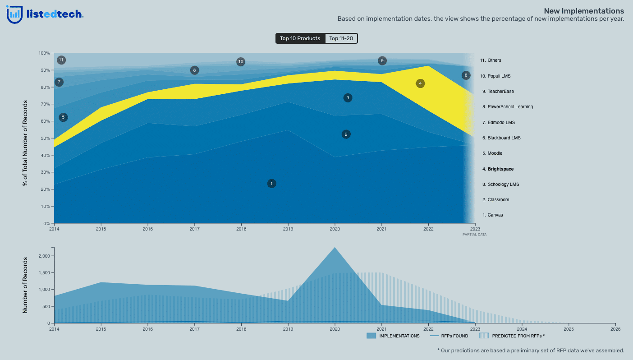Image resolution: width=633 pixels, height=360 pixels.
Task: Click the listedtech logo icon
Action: [x=14, y=14]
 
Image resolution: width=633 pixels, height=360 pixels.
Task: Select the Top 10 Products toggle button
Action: [x=300, y=38]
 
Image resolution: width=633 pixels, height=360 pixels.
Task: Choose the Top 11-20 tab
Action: [x=341, y=38]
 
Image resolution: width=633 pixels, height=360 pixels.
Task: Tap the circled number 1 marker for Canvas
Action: [x=271, y=184]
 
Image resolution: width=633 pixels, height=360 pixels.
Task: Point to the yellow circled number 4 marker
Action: [x=420, y=83]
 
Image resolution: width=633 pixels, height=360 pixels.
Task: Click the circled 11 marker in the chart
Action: [x=61, y=60]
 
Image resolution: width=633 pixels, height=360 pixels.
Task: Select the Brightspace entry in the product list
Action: [x=498, y=169]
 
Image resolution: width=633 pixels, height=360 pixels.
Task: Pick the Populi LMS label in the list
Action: [x=496, y=76]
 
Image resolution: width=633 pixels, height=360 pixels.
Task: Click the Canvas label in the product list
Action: [x=492, y=215]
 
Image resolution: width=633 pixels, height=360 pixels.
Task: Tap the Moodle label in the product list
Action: [x=492, y=153]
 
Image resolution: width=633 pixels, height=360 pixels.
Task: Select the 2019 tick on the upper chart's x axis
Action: [x=288, y=229]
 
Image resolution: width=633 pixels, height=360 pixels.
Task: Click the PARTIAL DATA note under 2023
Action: [x=474, y=235]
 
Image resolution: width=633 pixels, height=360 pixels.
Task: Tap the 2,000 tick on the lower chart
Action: [x=44, y=256]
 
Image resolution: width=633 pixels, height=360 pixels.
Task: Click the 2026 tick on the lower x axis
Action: [x=615, y=329]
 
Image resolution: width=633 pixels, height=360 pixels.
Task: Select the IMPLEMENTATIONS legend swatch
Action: [x=371, y=336]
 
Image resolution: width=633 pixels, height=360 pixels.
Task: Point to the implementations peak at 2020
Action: [x=335, y=248]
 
